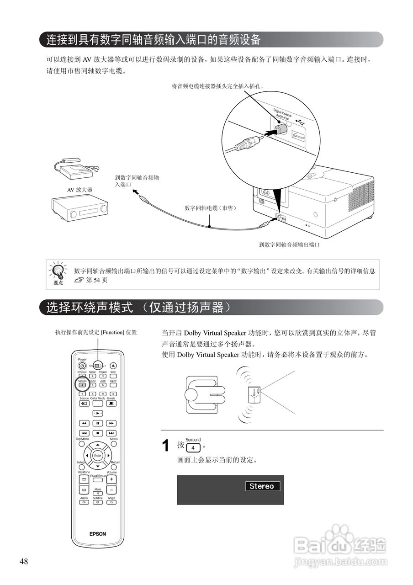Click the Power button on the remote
pyautogui.click(x=82, y=366)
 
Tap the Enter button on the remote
pyautogui.click(x=97, y=456)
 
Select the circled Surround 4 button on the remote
pyautogui.click(x=82, y=385)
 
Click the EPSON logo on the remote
pyautogui.click(x=97, y=533)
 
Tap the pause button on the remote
pyautogui.click(x=97, y=423)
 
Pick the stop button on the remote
pyautogui.click(x=97, y=433)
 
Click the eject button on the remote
pyautogui.click(x=113, y=366)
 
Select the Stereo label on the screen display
pyautogui.click(x=262, y=486)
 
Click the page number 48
pyautogui.click(x=24, y=562)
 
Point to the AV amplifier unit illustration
pyautogui.click(x=79, y=208)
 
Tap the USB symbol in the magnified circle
pyautogui.click(x=300, y=122)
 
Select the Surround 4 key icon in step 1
pyautogui.click(x=194, y=447)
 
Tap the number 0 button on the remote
pyautogui.click(x=113, y=394)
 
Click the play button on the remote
pyautogui.click(x=97, y=413)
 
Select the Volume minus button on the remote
pyautogui.click(x=111, y=489)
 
